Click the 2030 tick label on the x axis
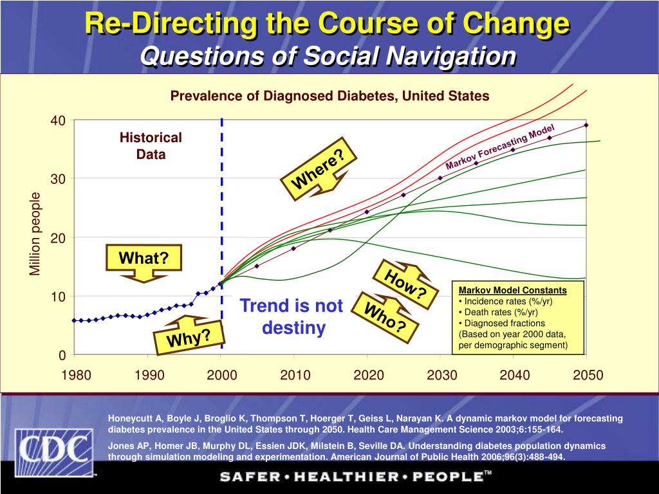[441, 376]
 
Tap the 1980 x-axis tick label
[76, 376]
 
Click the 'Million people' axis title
[35, 234]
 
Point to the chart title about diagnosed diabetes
[329, 96]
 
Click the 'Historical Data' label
[151, 146]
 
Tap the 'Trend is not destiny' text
[292, 316]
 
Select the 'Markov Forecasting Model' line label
[499, 148]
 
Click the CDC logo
[54, 451]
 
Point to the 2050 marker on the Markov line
[586, 125]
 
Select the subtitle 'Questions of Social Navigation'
[328, 56]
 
